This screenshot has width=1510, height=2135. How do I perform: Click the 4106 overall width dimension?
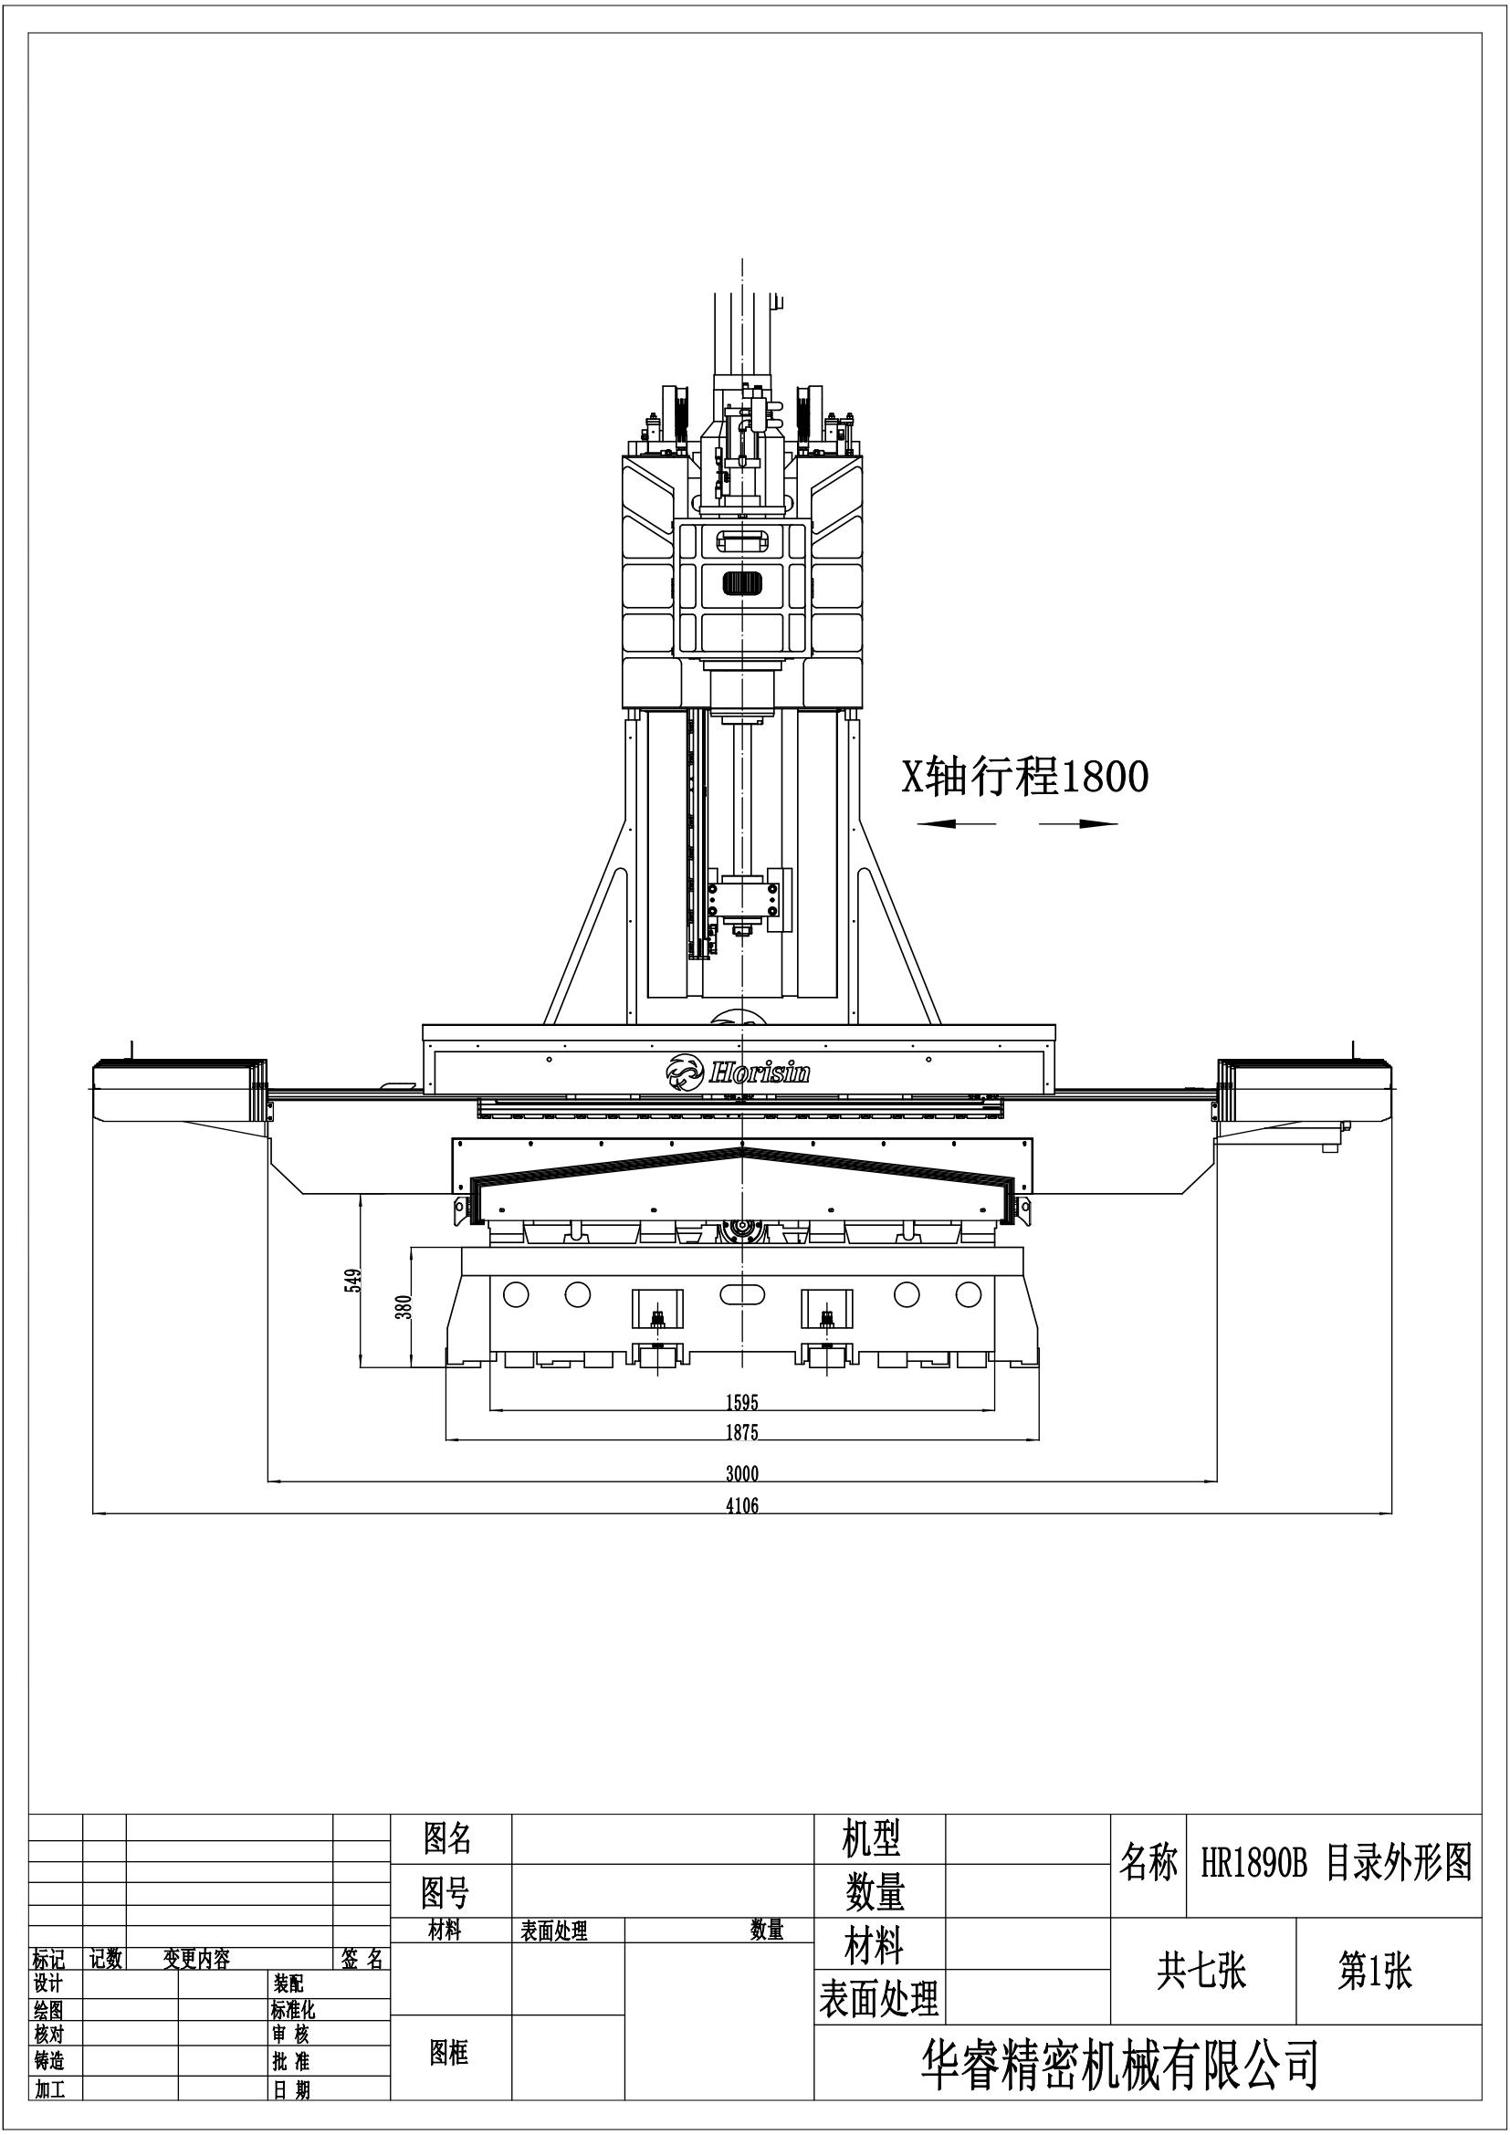point(741,1505)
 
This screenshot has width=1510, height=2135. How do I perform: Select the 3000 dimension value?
point(741,1474)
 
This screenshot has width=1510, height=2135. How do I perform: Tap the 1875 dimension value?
point(741,1433)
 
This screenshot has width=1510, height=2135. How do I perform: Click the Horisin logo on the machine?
point(739,1073)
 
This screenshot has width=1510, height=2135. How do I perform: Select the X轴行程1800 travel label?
point(1024,778)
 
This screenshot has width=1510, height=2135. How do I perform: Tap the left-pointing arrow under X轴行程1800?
point(955,823)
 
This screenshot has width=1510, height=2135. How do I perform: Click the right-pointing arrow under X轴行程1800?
point(1078,823)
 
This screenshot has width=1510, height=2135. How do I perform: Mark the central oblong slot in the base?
point(741,1293)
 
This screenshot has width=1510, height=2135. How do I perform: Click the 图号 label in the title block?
point(446,1893)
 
